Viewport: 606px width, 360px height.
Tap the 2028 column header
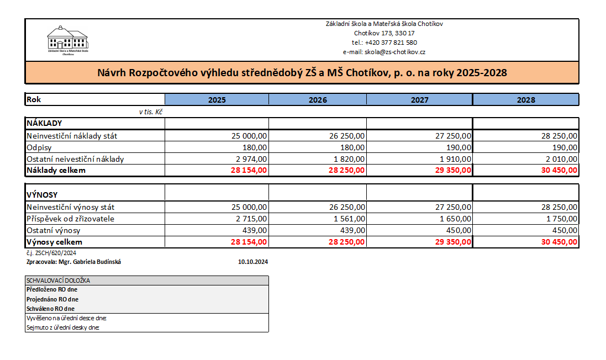point(526,100)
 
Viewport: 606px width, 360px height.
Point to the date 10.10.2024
point(253,262)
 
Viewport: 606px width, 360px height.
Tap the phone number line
point(384,43)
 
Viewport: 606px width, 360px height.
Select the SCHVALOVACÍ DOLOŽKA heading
point(58,280)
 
